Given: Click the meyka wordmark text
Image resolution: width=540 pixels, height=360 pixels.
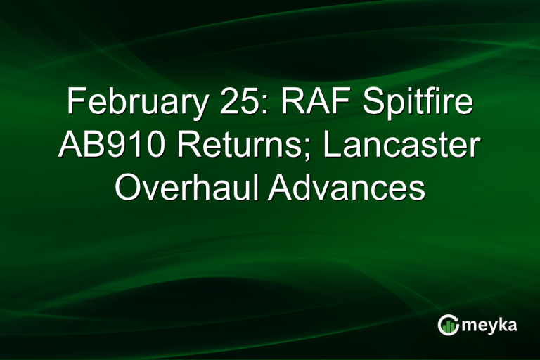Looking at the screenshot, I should point(489,324).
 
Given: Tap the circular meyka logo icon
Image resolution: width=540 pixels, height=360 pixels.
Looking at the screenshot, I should point(448,324).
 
